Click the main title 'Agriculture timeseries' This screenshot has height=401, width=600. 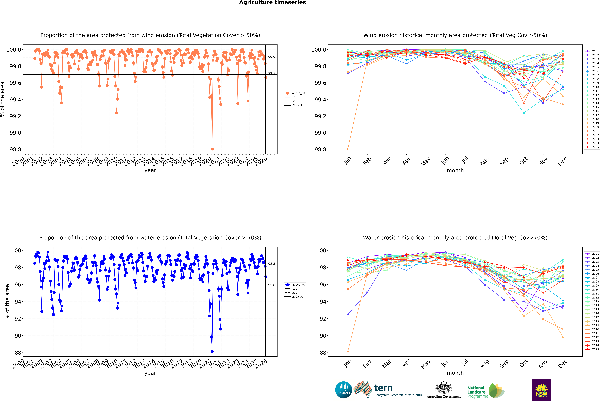(x=272, y=3)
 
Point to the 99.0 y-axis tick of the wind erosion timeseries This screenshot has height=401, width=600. (x=15, y=133)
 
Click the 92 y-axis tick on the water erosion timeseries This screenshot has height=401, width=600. (x=18, y=319)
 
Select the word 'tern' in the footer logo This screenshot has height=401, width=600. (x=383, y=388)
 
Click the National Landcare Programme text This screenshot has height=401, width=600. (x=476, y=392)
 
